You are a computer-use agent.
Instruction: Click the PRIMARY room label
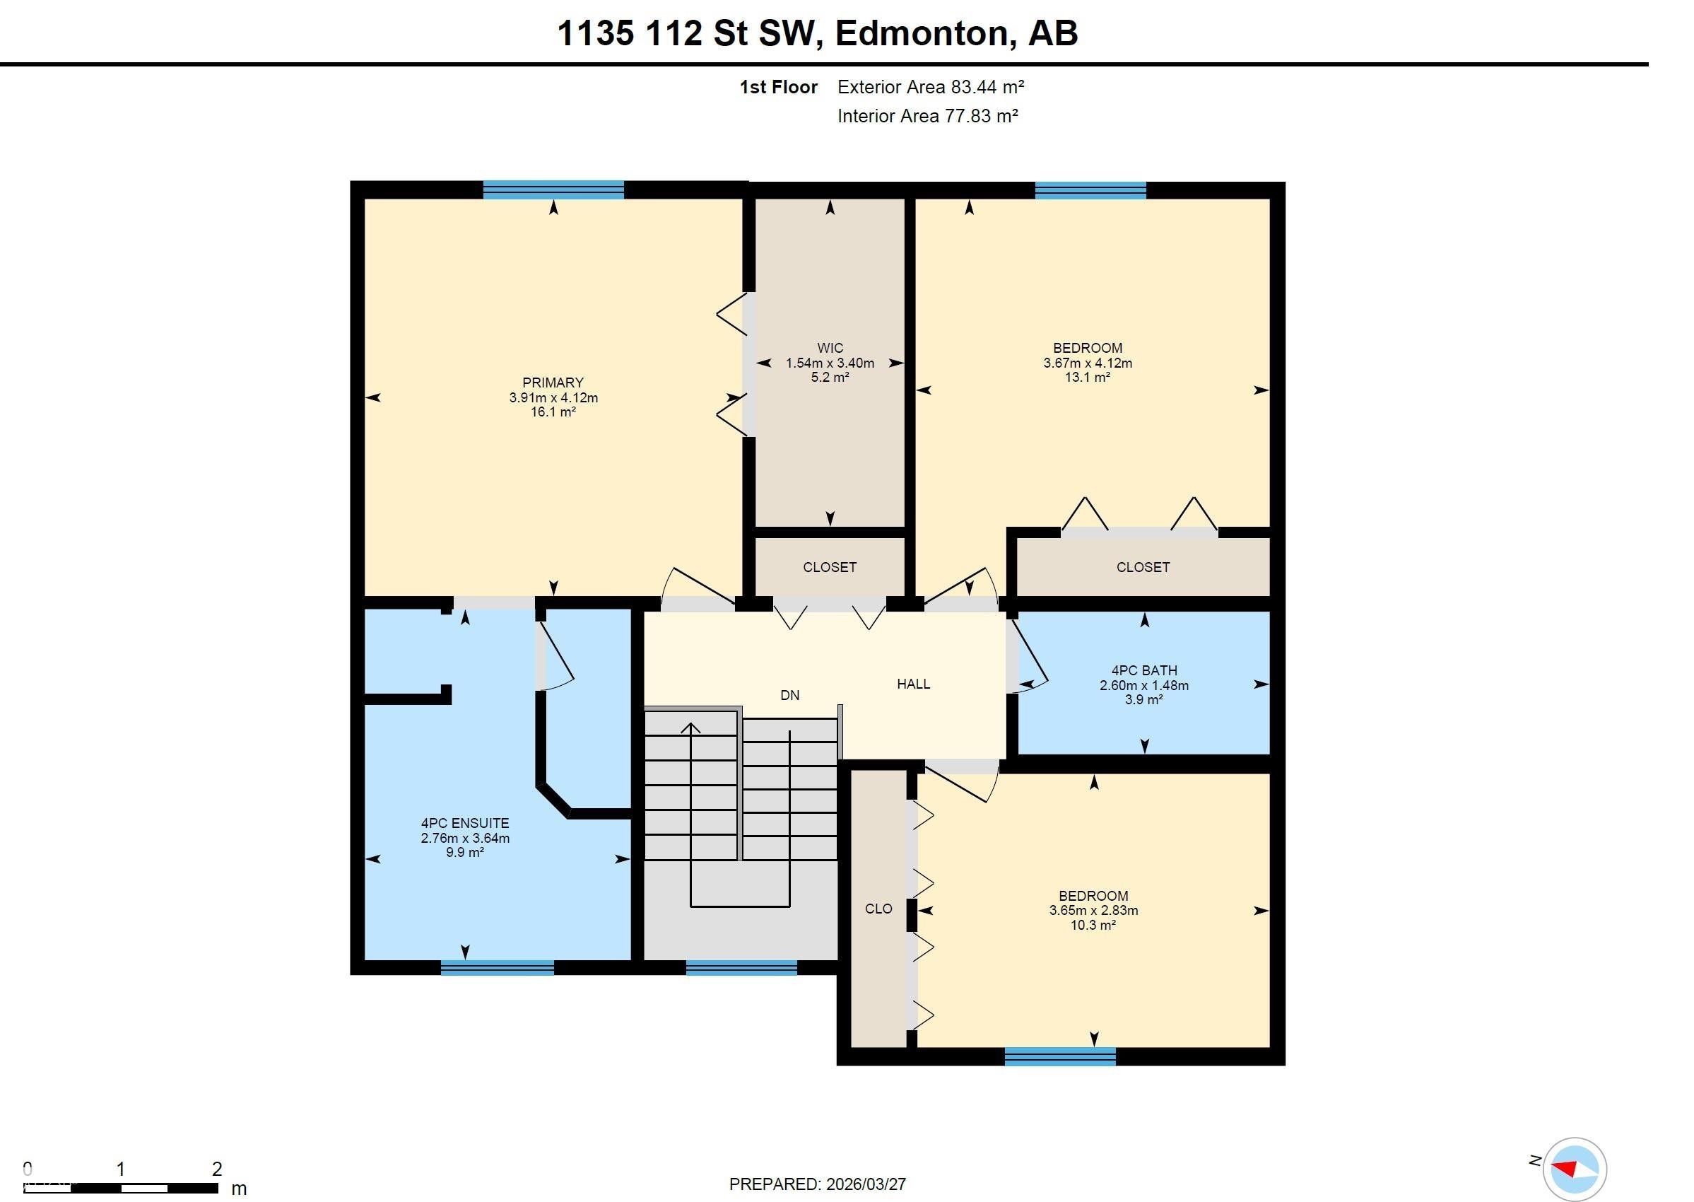pyautogui.click(x=553, y=383)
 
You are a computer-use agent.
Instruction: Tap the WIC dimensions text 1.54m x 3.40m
pyautogui.click(x=829, y=363)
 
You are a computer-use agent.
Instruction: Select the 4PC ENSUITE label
pyautogui.click(x=464, y=823)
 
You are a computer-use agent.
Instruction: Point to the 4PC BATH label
pyautogui.click(x=1143, y=670)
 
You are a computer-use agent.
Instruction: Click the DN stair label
pyautogui.click(x=789, y=695)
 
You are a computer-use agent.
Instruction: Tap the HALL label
pyautogui.click(x=913, y=684)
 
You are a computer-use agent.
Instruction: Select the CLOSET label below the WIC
pyautogui.click(x=829, y=567)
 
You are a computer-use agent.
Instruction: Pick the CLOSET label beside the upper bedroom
pyautogui.click(x=1142, y=567)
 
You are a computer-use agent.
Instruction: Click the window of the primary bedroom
pyautogui.click(x=553, y=190)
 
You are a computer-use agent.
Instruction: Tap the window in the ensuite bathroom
pyautogui.click(x=496, y=967)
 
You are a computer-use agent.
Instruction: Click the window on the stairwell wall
pyautogui.click(x=741, y=967)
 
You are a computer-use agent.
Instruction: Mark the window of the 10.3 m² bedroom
pyautogui.click(x=1059, y=1056)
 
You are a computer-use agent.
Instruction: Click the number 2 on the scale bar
pyautogui.click(x=217, y=1169)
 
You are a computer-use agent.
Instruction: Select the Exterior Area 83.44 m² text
pyautogui.click(x=930, y=88)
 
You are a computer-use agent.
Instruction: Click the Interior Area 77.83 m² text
pyautogui.click(x=927, y=116)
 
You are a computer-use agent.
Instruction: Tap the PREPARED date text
pyautogui.click(x=817, y=1184)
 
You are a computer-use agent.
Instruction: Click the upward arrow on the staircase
pyautogui.click(x=690, y=729)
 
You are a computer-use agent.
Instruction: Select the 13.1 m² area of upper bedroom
pyautogui.click(x=1087, y=378)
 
